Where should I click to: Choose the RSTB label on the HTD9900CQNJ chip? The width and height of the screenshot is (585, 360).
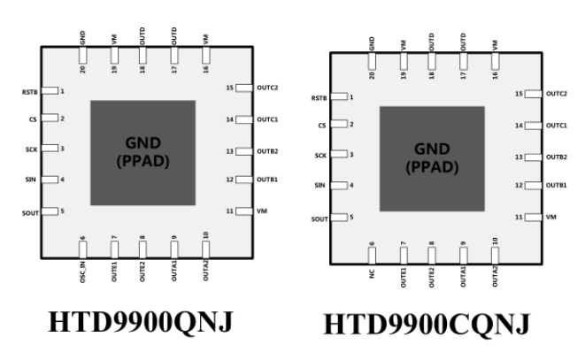[x=321, y=97]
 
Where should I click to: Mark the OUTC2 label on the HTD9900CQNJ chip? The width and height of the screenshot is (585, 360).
[x=557, y=94]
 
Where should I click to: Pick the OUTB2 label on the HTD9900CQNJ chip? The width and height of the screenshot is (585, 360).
[x=557, y=157]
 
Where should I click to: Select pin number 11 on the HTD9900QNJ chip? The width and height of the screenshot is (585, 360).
[x=230, y=211]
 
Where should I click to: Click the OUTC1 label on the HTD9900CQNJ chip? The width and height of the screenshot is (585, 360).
[x=557, y=126]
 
